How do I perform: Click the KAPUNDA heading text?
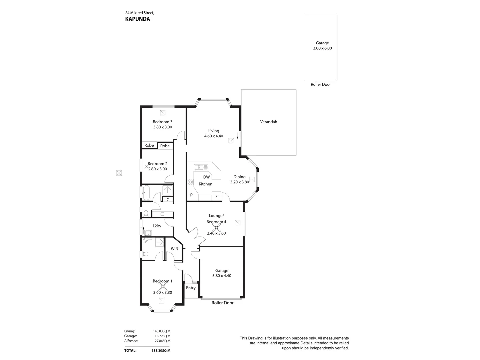click(137, 19)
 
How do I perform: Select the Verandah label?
click(268, 122)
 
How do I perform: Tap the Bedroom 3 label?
click(162, 122)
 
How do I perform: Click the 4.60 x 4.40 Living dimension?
click(214, 136)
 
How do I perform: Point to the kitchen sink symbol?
click(201, 167)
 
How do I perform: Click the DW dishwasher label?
click(206, 177)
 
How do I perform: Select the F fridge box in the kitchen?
click(216, 197)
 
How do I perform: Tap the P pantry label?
click(191, 195)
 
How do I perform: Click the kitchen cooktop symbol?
click(191, 182)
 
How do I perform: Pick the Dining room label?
click(239, 177)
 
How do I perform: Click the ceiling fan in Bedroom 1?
click(162, 286)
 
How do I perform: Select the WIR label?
click(174, 249)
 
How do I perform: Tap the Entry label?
click(191, 288)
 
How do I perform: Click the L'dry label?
click(157, 226)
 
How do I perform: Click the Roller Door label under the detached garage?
click(321, 85)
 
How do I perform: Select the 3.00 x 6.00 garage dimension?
click(322, 48)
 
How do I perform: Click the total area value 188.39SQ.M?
click(162, 351)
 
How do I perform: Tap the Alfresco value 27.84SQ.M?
click(162, 341)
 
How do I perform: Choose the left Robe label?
click(149, 145)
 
